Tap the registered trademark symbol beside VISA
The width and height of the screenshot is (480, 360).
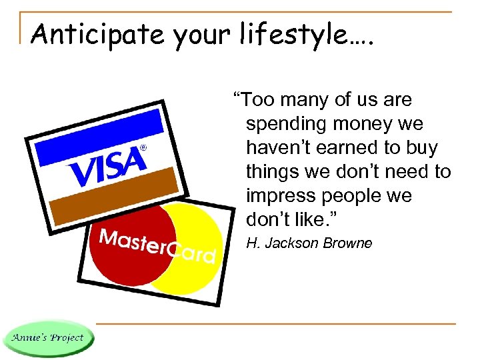point(143,147)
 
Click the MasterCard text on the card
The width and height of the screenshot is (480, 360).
point(157,246)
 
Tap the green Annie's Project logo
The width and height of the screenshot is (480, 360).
point(47,337)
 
